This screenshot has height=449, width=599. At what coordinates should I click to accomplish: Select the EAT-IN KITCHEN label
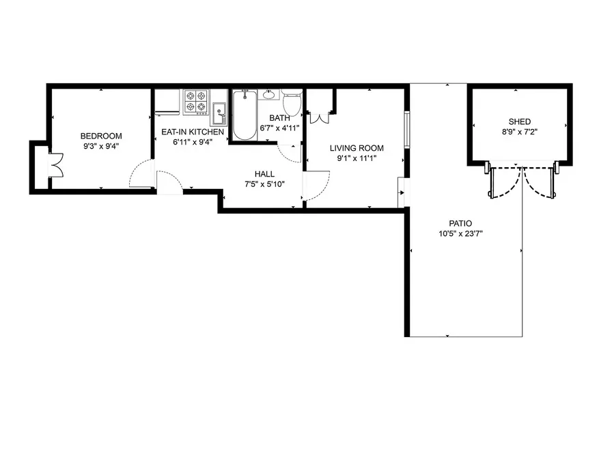coord(192,131)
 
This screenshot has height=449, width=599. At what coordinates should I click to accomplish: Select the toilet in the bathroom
coord(292,104)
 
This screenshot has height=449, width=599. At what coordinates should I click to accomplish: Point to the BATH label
coord(279,117)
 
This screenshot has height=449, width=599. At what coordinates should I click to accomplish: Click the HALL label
coord(264,174)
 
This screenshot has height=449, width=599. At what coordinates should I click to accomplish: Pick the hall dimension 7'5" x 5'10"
coord(264,184)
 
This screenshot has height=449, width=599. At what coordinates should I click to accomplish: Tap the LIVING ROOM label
coord(357,148)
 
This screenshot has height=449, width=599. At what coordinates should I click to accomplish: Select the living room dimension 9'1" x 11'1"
coord(357,158)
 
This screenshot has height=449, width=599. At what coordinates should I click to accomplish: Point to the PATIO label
coord(460,223)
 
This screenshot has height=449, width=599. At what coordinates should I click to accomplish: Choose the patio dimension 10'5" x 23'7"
coord(460,234)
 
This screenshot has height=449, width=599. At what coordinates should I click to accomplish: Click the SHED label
coord(519,121)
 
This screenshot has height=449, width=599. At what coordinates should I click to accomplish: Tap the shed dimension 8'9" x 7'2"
coord(519,132)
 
